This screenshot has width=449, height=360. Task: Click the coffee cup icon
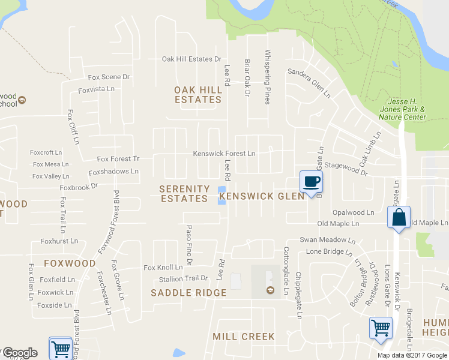(311, 182)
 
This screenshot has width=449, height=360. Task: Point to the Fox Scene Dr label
(109, 77)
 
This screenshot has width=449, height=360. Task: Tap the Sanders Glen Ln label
(309, 83)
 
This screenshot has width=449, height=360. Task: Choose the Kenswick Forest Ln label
(224, 154)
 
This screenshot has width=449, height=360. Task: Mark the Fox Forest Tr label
(118, 159)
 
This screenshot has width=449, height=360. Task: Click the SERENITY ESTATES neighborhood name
(184, 193)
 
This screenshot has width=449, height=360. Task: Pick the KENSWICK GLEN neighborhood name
(262, 196)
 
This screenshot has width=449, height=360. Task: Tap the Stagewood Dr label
(346, 172)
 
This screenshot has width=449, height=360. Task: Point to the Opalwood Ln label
(354, 212)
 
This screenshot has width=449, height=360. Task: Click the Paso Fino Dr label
(188, 245)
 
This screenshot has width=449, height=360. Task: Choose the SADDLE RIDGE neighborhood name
(188, 293)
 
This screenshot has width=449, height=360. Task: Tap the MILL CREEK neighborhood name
(244, 337)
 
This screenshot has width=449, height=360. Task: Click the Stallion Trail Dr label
(183, 278)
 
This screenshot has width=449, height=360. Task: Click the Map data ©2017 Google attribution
(412, 355)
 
